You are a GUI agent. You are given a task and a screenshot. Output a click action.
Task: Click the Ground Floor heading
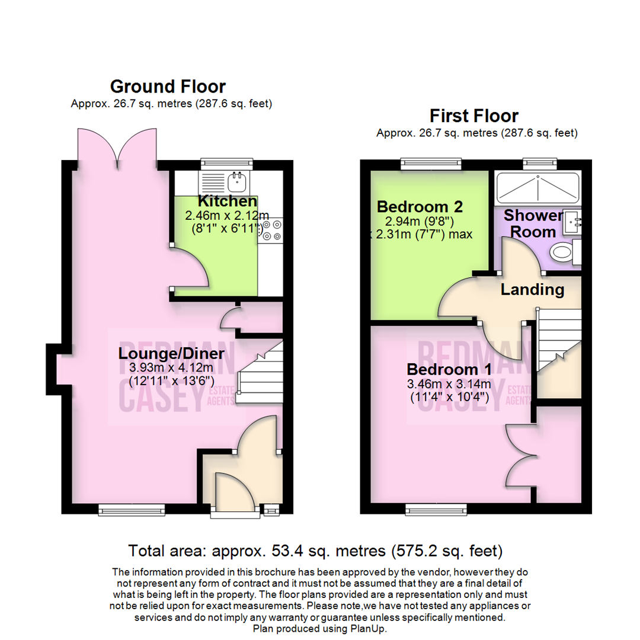pyautogui.click(x=168, y=87)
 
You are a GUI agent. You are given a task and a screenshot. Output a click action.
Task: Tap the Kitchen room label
pyautogui.click(x=228, y=201)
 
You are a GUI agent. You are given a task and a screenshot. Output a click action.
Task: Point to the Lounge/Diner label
pyautogui.click(x=171, y=354)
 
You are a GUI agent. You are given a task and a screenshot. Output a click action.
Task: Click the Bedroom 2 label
pyautogui.click(x=420, y=207)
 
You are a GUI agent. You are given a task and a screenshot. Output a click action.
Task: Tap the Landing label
pyautogui.click(x=532, y=290)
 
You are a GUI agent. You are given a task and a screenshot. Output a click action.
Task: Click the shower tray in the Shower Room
pyautogui.click(x=536, y=188)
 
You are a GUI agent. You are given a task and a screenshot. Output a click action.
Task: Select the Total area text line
pyautogui.click(x=316, y=551)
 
